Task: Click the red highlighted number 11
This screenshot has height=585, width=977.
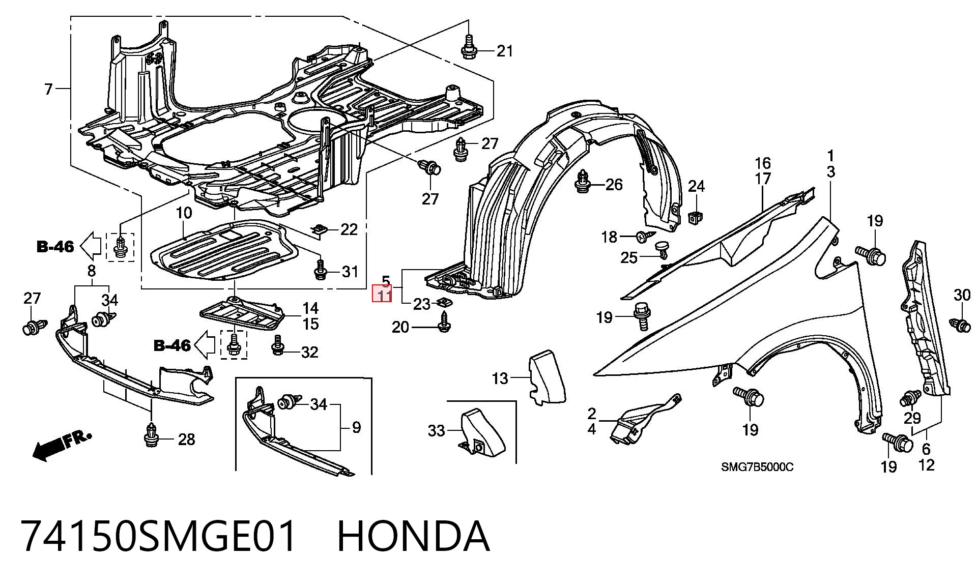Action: coord(382,294)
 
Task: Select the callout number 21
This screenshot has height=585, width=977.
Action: coord(504,51)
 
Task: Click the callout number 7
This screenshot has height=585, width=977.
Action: coord(48,90)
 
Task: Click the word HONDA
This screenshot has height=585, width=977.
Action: coord(413,536)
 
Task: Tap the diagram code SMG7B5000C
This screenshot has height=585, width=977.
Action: coord(757,467)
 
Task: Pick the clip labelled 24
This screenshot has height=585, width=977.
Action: coord(694,218)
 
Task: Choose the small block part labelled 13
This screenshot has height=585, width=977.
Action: coord(547,377)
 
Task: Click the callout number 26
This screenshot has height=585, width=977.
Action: coord(614,184)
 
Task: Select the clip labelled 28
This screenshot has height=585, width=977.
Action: coord(151,434)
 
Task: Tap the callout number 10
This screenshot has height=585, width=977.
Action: coord(184,213)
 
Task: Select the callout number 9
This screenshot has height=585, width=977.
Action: coord(356,427)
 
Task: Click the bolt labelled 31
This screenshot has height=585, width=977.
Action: coord(320,270)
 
